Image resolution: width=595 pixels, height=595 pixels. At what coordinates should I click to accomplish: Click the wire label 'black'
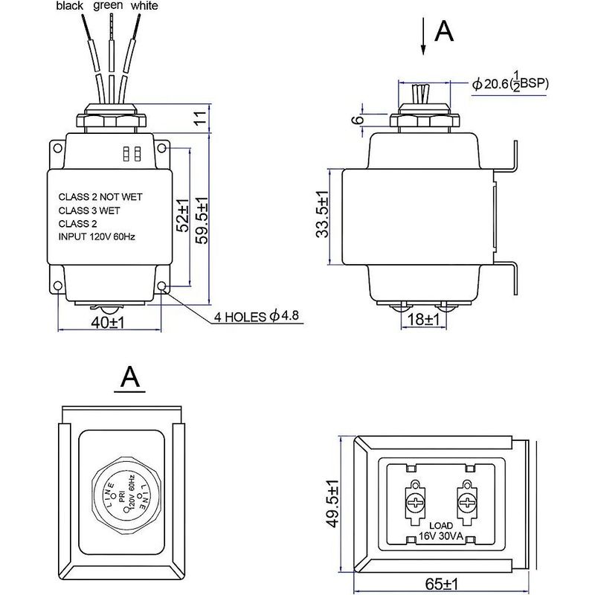pos(69,6)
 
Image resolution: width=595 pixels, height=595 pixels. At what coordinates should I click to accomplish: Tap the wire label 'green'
pos(108,6)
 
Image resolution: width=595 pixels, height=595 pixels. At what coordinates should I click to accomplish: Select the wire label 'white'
pos(144,6)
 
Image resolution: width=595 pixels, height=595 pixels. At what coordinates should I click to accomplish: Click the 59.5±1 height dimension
pos(202,220)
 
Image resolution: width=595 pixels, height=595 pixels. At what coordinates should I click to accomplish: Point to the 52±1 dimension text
pos(183,216)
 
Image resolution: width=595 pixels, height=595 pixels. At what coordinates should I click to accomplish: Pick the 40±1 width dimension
pos(108,323)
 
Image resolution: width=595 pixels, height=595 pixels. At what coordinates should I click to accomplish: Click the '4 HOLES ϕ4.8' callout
pos(257,316)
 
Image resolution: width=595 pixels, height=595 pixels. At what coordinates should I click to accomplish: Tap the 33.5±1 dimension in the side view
pos(322,214)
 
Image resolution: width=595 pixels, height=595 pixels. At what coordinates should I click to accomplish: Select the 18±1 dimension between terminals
pos(423,320)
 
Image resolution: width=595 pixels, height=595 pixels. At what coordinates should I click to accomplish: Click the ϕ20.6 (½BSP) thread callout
pos(510,83)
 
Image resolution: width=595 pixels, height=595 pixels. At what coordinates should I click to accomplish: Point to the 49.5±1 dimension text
pos(332,504)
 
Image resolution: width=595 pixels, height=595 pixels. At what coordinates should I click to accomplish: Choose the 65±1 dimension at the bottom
pos(442,585)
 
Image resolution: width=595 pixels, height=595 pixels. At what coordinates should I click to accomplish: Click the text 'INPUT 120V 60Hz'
pos(97,237)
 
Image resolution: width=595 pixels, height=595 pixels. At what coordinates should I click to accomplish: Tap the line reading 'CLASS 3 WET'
pos(89,210)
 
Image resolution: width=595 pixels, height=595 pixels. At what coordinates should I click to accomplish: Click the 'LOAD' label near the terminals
pos(441,526)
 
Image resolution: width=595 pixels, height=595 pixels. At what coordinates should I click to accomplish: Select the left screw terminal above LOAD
pos(415,503)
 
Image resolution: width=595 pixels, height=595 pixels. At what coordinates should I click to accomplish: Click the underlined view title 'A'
pos(129,378)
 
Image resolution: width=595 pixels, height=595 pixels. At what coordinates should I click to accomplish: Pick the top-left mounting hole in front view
pos(57,148)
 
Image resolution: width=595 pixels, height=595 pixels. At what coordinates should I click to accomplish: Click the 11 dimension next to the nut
pos(200,118)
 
